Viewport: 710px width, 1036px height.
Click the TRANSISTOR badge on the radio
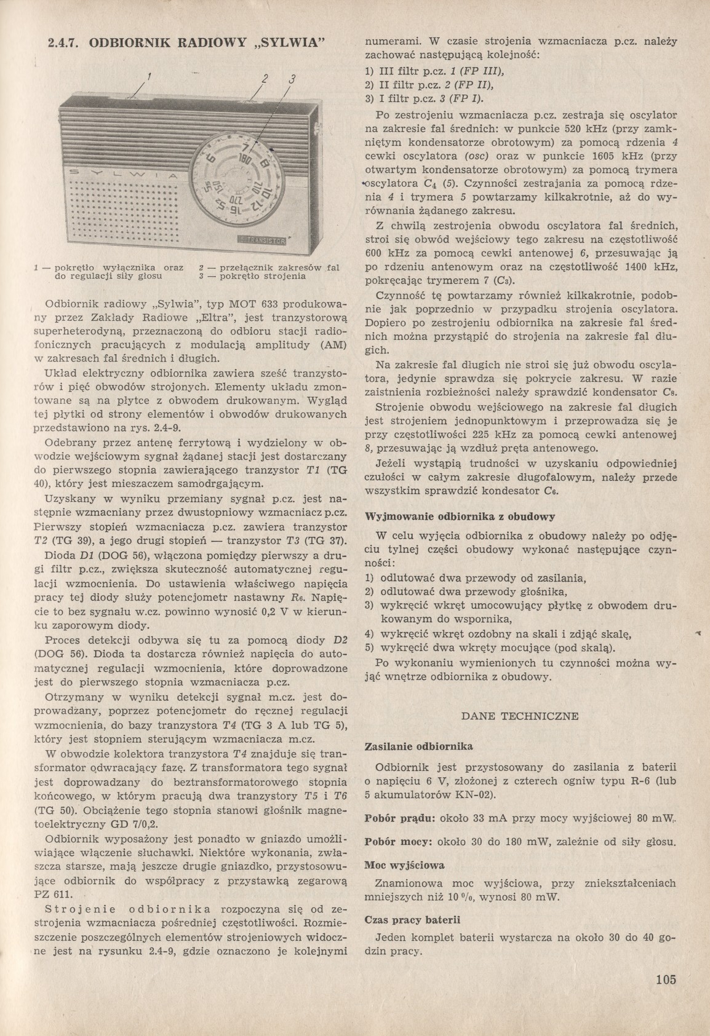pos(261,240)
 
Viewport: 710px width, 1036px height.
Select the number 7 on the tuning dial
pos(245,148)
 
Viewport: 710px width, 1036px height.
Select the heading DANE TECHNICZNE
pos(519,716)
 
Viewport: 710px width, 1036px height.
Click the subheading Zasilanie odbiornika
pos(418,746)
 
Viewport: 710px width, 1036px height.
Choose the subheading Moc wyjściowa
pos(404,865)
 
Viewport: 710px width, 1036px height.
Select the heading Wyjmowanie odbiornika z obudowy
pos(460,516)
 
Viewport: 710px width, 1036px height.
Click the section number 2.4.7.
pos(64,44)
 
